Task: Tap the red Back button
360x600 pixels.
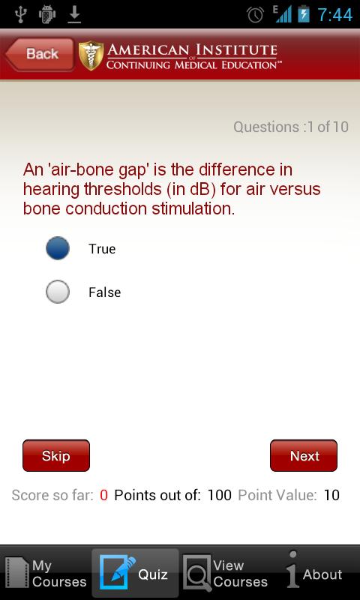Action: point(39,54)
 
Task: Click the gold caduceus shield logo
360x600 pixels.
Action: point(91,55)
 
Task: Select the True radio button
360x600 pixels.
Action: point(58,248)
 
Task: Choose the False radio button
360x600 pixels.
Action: point(58,292)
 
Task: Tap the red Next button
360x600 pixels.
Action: point(304,455)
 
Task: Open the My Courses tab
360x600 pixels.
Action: point(46,573)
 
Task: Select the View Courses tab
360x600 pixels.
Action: point(225,573)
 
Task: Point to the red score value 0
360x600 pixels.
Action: point(103,495)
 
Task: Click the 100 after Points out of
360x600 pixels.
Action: point(220,495)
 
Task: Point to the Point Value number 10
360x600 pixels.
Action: point(331,495)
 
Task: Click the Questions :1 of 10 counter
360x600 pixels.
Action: point(291,127)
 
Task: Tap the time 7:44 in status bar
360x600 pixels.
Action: point(335,15)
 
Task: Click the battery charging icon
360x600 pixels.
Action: point(304,13)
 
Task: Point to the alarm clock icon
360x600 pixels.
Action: point(255,14)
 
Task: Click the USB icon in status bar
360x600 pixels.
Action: point(20,14)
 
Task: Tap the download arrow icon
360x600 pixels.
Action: point(74,14)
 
